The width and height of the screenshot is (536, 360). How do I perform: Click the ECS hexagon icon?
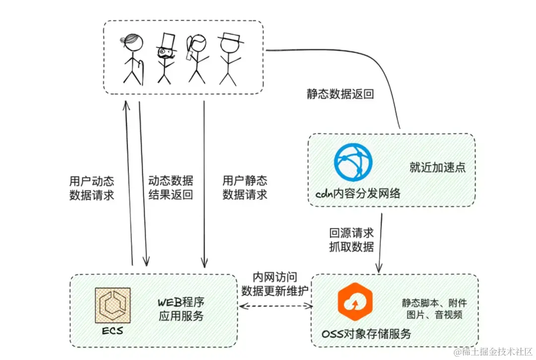coord(113,305)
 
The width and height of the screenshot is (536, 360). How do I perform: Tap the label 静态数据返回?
coord(340,94)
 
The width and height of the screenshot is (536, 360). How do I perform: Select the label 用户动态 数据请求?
coord(92,188)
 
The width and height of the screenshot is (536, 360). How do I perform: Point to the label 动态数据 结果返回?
coord(170,188)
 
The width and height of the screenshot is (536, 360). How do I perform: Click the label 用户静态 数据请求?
coord(245,188)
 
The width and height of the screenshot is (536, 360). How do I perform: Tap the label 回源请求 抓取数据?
coord(351,239)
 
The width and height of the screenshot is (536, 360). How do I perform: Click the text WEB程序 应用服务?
coord(181,309)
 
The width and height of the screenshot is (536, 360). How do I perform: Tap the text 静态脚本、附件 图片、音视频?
coord(434,308)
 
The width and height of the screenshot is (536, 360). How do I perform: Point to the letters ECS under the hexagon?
coord(113,331)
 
